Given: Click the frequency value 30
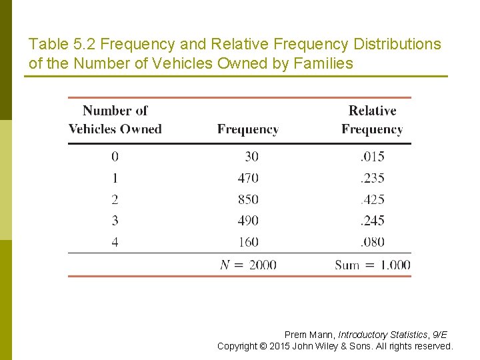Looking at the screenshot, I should pos(251,157).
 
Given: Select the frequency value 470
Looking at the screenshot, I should pos(247,178).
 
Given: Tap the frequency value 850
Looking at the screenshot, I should pos(247,199).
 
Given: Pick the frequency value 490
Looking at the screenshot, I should pos(247,221).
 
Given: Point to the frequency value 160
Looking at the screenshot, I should pos(247,242).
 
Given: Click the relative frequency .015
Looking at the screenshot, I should pos(372,157).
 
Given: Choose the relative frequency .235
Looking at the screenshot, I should pos(372,178).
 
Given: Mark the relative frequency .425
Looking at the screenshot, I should pos(372,199).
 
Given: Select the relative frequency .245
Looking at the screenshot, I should pos(372,221).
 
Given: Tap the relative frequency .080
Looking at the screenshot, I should pos(372,242).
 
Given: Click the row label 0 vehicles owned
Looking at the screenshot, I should pos(115,157).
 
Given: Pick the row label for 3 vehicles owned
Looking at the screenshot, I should pos(115,221).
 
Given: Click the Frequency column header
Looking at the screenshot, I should pos(247,129).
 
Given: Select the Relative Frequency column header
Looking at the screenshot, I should pos(372,120).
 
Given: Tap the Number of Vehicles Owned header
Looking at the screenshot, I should pos(115,120).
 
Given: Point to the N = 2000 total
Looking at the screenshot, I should pos(248,265).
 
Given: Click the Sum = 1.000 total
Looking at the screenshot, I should pos(372,265).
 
